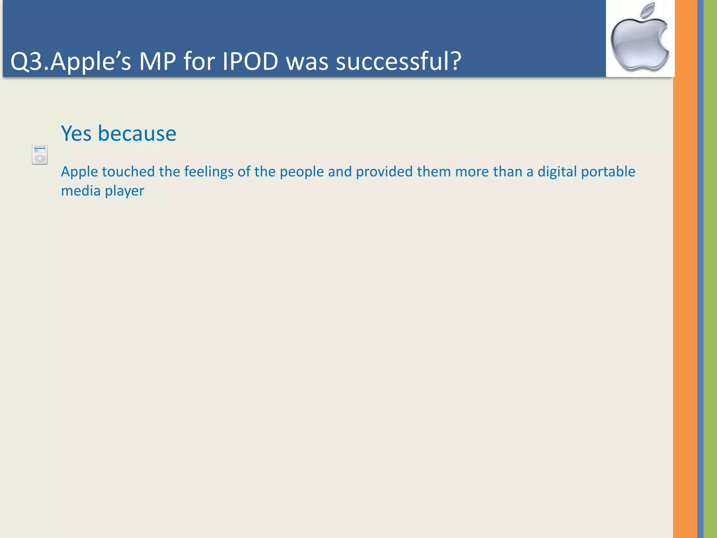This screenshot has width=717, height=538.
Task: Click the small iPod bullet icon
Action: (x=40, y=155)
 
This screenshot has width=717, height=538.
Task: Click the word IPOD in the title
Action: (x=250, y=61)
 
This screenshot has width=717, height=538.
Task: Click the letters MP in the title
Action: (x=157, y=61)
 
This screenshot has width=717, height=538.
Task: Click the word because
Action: (x=137, y=133)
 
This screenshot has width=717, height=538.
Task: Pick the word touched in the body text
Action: (x=128, y=172)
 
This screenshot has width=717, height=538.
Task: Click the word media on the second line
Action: (x=81, y=191)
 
